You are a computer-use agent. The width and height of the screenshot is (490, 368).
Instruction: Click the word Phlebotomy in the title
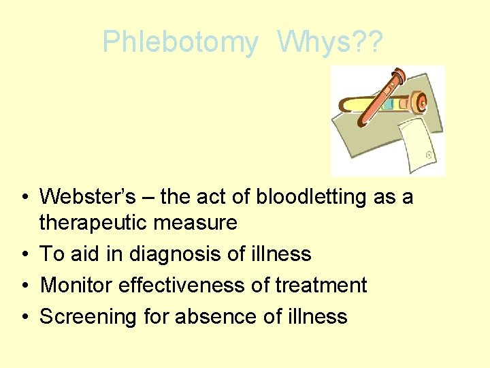click(180, 42)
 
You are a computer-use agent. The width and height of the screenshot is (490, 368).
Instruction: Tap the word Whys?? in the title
click(330, 42)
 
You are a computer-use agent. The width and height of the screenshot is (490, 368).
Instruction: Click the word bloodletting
click(312, 197)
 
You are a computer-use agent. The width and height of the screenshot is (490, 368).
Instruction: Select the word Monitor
click(76, 285)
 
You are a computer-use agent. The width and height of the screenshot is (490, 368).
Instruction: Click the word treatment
click(320, 285)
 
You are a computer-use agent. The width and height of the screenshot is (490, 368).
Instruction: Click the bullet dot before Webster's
click(24, 198)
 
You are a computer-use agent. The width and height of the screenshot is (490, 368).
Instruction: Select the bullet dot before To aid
click(24, 255)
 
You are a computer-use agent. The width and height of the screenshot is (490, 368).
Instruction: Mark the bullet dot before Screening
click(24, 317)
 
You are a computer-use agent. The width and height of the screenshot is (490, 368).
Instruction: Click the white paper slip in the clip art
click(418, 142)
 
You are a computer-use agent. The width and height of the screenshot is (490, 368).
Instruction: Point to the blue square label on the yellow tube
click(387, 105)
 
